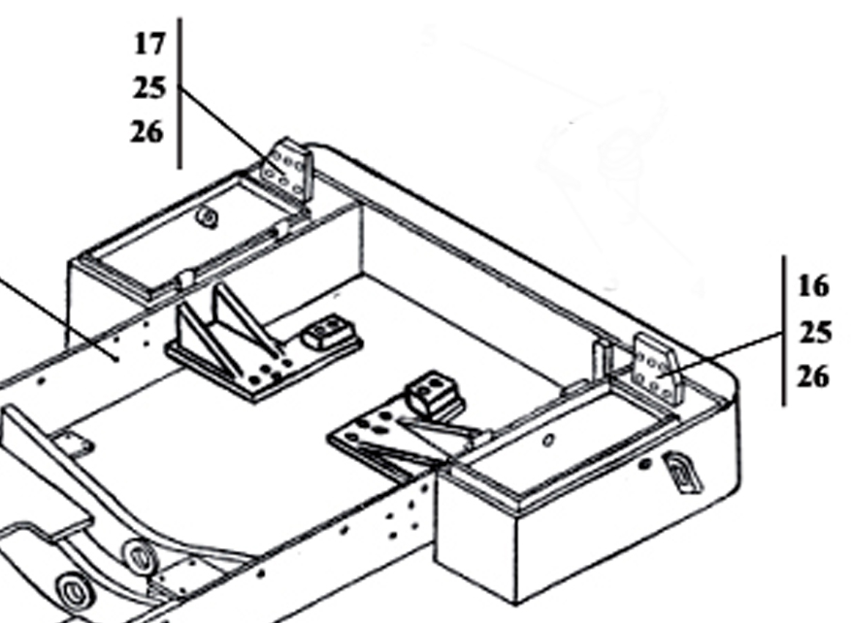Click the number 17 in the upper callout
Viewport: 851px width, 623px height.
point(150,44)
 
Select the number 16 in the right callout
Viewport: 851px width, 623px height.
point(813,286)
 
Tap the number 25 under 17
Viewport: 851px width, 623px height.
point(150,88)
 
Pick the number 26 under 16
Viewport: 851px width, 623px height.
point(813,377)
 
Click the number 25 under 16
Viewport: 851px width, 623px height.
point(814,333)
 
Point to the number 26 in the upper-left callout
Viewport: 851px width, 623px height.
point(147,132)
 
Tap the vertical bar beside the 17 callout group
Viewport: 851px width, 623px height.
point(180,92)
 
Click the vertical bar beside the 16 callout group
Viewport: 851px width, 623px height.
point(783,330)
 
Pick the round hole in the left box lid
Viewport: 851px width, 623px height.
point(207,217)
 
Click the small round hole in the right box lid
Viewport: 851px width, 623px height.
point(549,441)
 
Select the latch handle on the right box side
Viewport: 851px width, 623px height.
point(681,473)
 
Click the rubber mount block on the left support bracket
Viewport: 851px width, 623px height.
point(326,332)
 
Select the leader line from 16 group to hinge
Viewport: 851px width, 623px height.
point(728,351)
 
